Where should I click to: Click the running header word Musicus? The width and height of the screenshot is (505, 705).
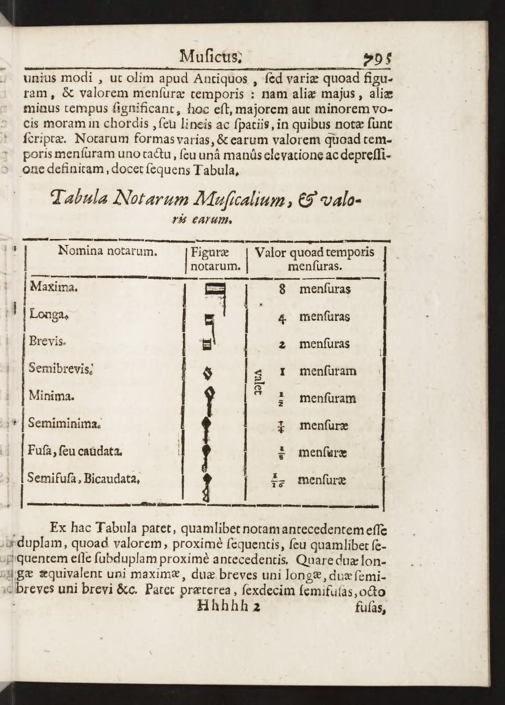pos(210,55)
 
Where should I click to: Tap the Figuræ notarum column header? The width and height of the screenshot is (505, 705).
pos(215,259)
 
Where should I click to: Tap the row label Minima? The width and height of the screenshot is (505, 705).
pos(51,395)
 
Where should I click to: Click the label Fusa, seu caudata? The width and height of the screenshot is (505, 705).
pos(75,450)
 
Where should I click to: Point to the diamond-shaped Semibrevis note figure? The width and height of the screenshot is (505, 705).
pos(208,374)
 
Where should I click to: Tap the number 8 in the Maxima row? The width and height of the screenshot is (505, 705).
pos(282,289)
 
